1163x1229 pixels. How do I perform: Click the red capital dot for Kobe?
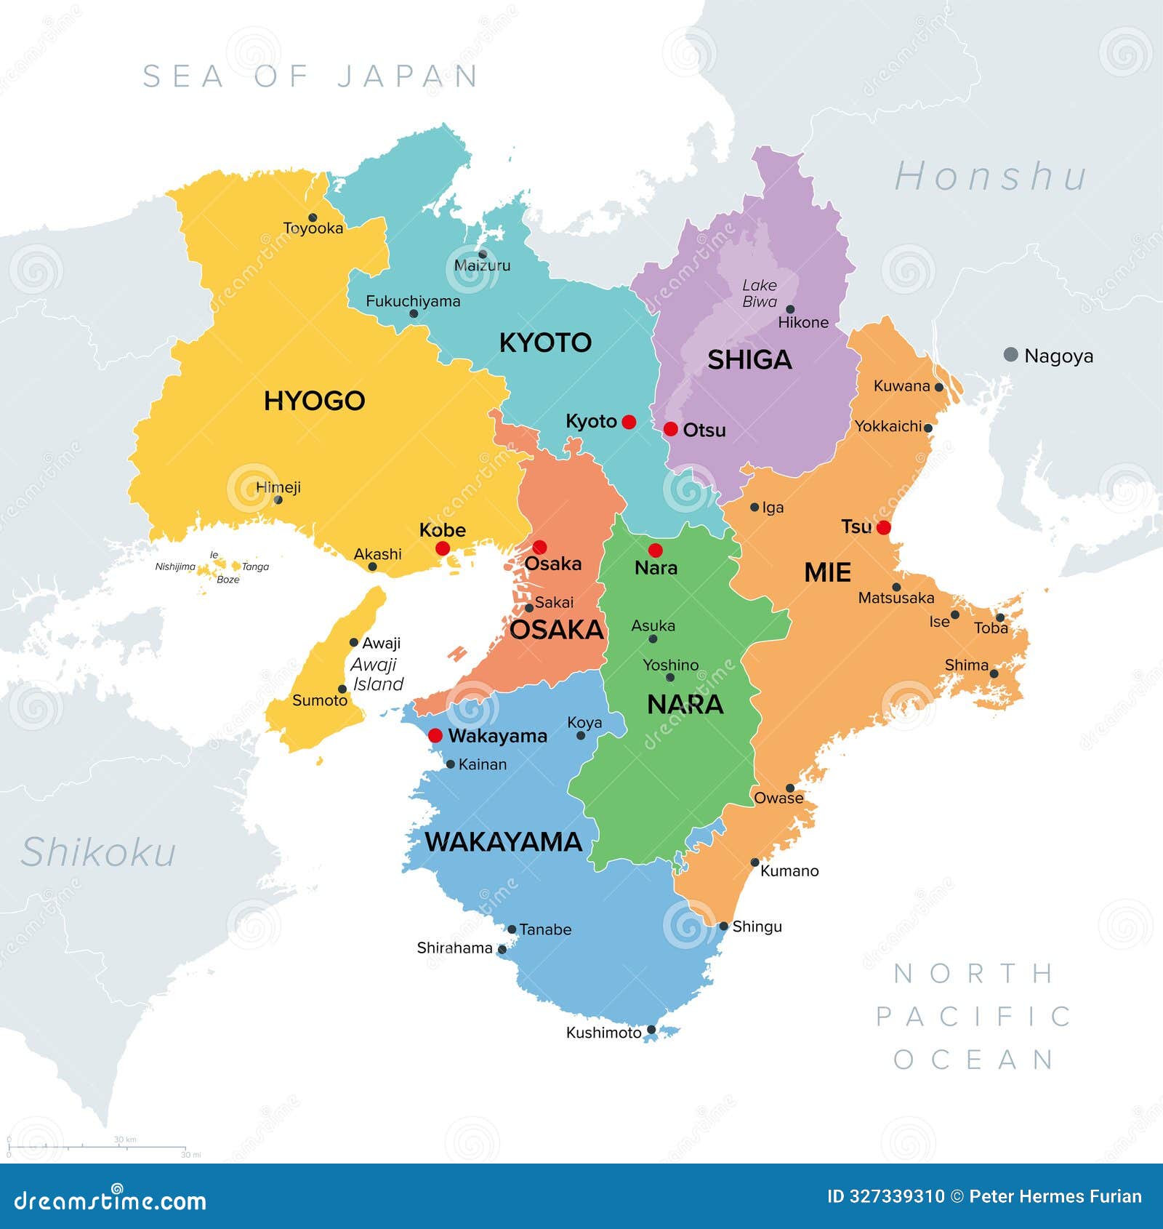(442, 548)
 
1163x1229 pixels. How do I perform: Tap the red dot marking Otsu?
(671, 429)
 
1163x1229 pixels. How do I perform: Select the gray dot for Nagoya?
(1010, 355)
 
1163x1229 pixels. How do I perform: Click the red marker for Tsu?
(883, 528)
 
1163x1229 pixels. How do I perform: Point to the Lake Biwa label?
(760, 293)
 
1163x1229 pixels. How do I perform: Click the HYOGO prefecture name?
(314, 401)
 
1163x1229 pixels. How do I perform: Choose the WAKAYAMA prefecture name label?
(504, 842)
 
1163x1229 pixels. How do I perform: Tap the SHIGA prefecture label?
(749, 360)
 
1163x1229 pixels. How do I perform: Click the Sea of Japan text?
(310, 76)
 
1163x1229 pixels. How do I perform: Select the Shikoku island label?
(98, 852)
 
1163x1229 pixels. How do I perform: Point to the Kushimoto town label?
(603, 1033)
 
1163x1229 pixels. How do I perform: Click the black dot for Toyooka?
(313, 217)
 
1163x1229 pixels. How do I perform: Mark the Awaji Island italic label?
(377, 674)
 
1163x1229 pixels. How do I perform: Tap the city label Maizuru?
(482, 265)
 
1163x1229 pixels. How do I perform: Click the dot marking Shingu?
(724, 926)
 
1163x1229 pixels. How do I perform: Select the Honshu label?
(990, 177)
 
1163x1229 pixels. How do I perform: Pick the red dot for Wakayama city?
(435, 736)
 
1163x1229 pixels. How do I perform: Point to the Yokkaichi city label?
(888, 426)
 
